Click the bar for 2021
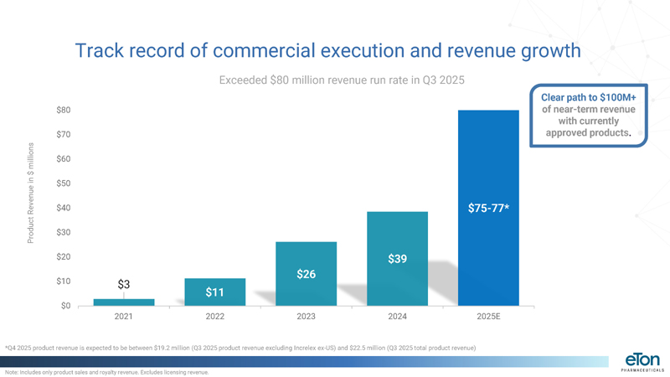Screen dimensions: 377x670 click(x=124, y=302)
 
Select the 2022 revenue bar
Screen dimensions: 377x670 click(x=215, y=292)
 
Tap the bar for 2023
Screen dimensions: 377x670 click(x=306, y=273)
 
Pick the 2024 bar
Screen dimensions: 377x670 click(x=397, y=258)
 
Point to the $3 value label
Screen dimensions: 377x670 click(x=123, y=284)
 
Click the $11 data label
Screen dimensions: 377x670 click(x=215, y=292)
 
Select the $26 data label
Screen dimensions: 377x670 click(x=306, y=274)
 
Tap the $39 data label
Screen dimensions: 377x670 click(x=397, y=259)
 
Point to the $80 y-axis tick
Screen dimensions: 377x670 click(x=64, y=111)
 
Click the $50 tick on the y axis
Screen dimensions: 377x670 click(x=64, y=183)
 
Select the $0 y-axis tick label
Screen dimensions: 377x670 click(x=65, y=306)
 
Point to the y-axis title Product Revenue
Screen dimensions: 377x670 click(x=30, y=193)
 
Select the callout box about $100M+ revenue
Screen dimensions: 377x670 click(x=589, y=115)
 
